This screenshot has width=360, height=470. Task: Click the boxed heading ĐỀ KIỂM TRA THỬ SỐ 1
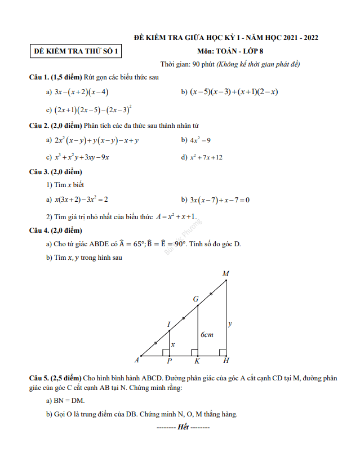click(76, 51)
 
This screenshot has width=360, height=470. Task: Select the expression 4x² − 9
click(201, 140)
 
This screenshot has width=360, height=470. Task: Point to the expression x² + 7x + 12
click(206, 157)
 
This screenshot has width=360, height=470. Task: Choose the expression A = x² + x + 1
click(176, 216)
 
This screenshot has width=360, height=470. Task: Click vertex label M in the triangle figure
click(225, 274)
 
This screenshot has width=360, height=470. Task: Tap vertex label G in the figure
click(196, 299)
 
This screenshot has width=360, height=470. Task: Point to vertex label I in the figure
click(168, 324)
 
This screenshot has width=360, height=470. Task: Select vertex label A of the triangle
click(136, 360)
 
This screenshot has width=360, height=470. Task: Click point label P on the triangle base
click(169, 361)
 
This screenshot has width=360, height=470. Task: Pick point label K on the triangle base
click(197, 361)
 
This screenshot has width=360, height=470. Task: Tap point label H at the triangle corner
click(226, 361)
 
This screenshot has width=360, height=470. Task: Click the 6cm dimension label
click(207, 335)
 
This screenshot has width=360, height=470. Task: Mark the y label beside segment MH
click(230, 324)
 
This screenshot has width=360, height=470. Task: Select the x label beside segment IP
click(173, 344)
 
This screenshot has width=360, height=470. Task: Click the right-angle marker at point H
click(223, 353)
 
